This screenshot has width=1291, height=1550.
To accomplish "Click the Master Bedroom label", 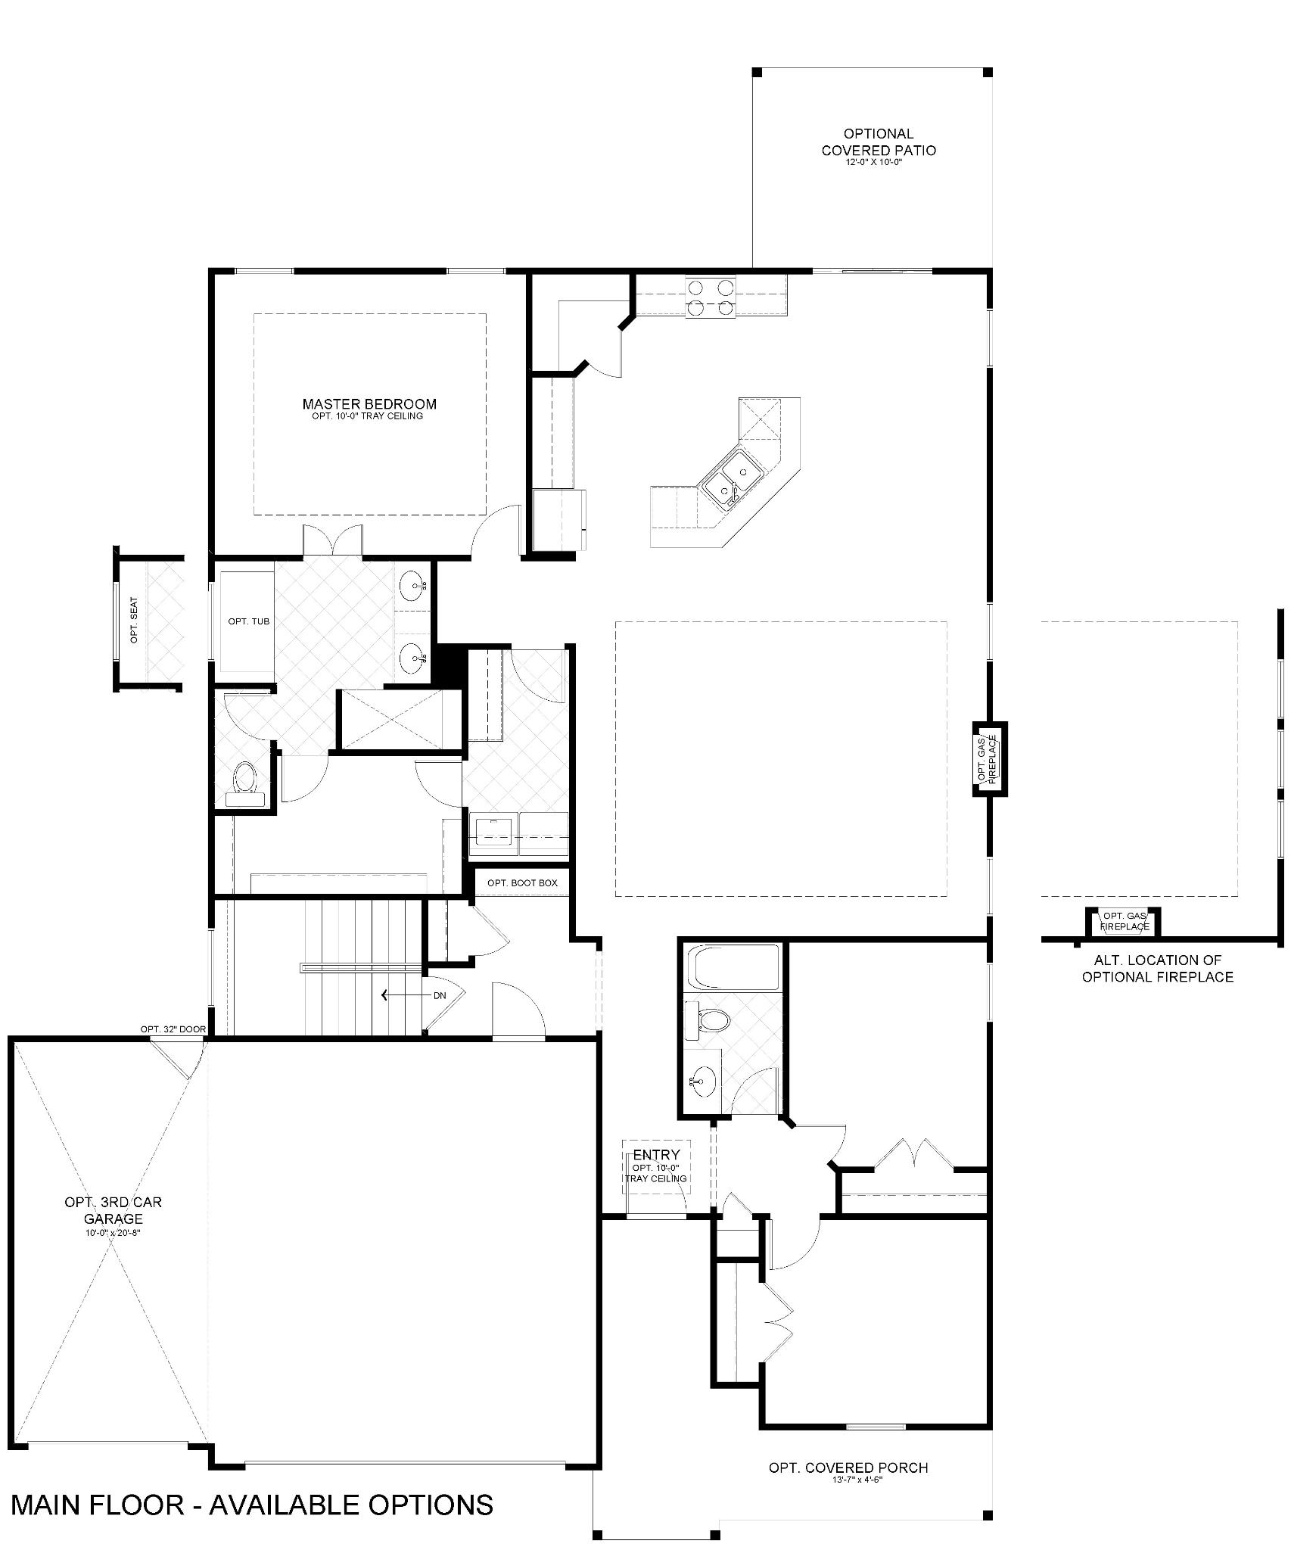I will tap(369, 404).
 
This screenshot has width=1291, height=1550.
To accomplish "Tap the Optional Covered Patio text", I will tap(879, 142).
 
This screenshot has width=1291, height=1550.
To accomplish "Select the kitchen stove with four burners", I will tap(711, 297).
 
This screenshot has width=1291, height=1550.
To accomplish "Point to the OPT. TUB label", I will tap(249, 621).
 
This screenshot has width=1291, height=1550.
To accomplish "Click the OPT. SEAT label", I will tap(135, 621).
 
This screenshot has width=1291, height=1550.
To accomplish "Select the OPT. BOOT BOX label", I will tap(522, 882).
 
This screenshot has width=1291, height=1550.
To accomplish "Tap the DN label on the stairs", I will tap(440, 995).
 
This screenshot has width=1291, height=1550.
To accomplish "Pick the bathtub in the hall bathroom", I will tap(731, 967).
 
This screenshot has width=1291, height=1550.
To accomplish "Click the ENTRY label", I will tap(656, 1155).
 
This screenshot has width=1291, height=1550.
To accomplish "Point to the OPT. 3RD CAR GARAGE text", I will tap(113, 1209).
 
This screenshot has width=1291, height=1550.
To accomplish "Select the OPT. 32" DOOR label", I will tap(173, 1029).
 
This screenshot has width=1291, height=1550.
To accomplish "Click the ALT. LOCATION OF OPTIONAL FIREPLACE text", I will tap(1157, 969).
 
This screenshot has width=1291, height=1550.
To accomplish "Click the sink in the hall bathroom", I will tap(703, 1081).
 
